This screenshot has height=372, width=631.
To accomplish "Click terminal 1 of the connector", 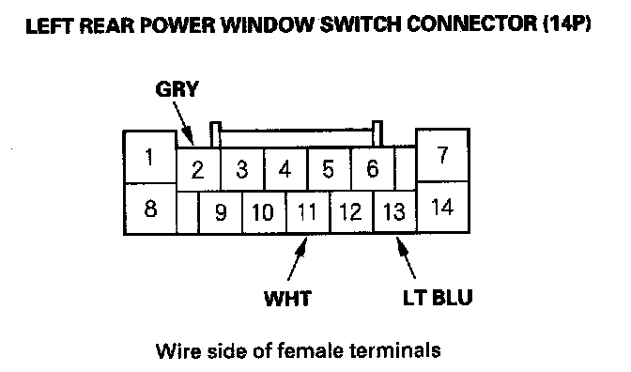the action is point(149,157).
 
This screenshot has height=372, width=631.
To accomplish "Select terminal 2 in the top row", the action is point(198,169).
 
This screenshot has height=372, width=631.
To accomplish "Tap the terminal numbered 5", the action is point(329,169).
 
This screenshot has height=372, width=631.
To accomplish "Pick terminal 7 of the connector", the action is point(442,155).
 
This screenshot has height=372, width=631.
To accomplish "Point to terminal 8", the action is point(149,209).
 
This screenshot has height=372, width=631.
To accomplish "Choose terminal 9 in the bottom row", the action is point(221,212).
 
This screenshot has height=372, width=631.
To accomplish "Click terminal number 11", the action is point(308,212).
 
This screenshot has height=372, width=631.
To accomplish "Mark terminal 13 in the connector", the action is point(394,211).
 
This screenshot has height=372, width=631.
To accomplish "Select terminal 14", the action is point(442,207).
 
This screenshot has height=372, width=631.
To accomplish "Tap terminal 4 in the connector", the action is point(285,169).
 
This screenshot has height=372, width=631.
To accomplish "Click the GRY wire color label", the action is point(177,89).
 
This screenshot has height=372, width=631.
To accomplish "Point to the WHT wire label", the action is point(287,299).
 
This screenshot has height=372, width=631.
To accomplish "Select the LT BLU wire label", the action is point(438,298).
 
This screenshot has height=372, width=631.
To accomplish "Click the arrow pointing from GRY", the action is point(183,124).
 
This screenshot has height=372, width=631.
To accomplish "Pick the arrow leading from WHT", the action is point(298,258).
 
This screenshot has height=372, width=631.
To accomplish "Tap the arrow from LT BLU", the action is point(406,257).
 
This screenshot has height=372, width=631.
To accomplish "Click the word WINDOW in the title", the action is point(268,25).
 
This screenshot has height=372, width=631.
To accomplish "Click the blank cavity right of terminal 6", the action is point(406,168).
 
